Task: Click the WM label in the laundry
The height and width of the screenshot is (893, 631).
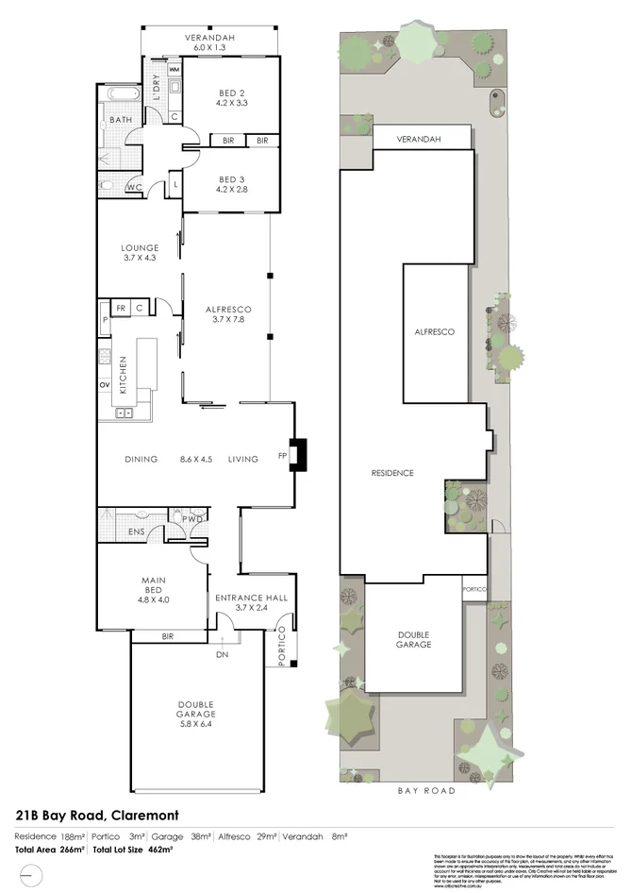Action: (174, 71)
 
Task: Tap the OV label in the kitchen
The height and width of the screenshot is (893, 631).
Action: (105, 384)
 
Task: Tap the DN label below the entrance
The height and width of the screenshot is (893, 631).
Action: (222, 654)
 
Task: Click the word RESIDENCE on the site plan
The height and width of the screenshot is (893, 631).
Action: (391, 473)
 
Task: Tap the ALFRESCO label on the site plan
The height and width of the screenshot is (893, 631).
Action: (434, 332)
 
